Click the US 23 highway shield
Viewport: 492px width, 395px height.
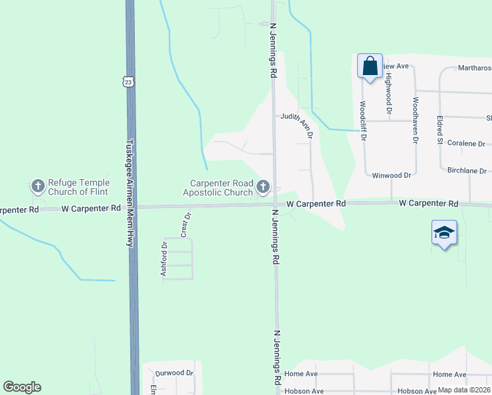pyautogui.click(x=128, y=81)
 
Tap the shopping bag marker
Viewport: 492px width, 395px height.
pyautogui.click(x=370, y=66)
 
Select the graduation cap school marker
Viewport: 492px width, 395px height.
pyautogui.click(x=444, y=233)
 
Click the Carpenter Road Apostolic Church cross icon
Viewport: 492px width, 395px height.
pyautogui.click(x=264, y=188)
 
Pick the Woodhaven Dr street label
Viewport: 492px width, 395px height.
pyautogui.click(x=416, y=120)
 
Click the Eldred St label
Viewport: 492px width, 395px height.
pyautogui.click(x=439, y=130)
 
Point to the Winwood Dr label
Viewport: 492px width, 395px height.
pyautogui.click(x=391, y=176)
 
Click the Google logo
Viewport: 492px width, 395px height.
pyautogui.click(x=22, y=387)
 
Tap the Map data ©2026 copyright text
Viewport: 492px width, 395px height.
pyautogui.click(x=464, y=390)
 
